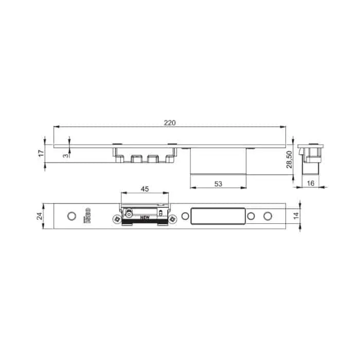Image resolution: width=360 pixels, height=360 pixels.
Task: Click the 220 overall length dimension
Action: tap(170, 122)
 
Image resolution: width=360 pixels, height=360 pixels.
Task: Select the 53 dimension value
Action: tap(218, 183)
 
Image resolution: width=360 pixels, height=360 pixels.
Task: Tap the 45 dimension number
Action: tap(145, 189)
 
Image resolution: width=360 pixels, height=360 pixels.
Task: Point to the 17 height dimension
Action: tap(41, 153)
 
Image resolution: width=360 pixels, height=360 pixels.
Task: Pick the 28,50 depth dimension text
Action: tap(289, 159)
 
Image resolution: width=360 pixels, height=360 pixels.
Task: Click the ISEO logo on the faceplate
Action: tap(87, 216)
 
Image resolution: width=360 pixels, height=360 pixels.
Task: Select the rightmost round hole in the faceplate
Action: tap(266, 216)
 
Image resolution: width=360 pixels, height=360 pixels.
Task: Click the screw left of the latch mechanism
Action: tap(117, 220)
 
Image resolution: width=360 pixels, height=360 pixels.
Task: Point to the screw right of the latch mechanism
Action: tap(172, 220)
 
